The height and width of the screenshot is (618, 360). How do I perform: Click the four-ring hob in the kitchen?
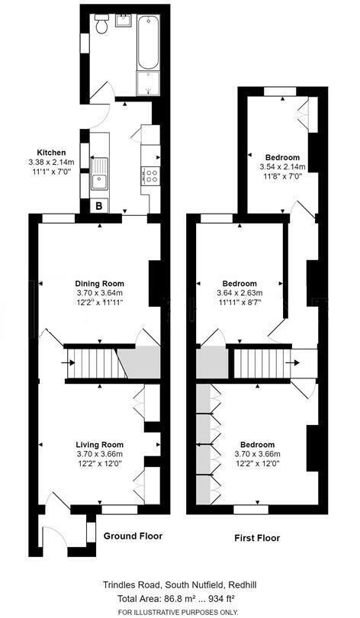point(149,176)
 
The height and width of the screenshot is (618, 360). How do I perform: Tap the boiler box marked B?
point(98,205)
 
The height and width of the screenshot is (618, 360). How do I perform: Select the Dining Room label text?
point(99,283)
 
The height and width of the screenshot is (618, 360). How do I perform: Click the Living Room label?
point(99,445)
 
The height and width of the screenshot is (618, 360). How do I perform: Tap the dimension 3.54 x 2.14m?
point(281,167)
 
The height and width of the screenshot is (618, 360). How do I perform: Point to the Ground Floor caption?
point(133,536)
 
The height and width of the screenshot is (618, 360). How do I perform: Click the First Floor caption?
point(256,538)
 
